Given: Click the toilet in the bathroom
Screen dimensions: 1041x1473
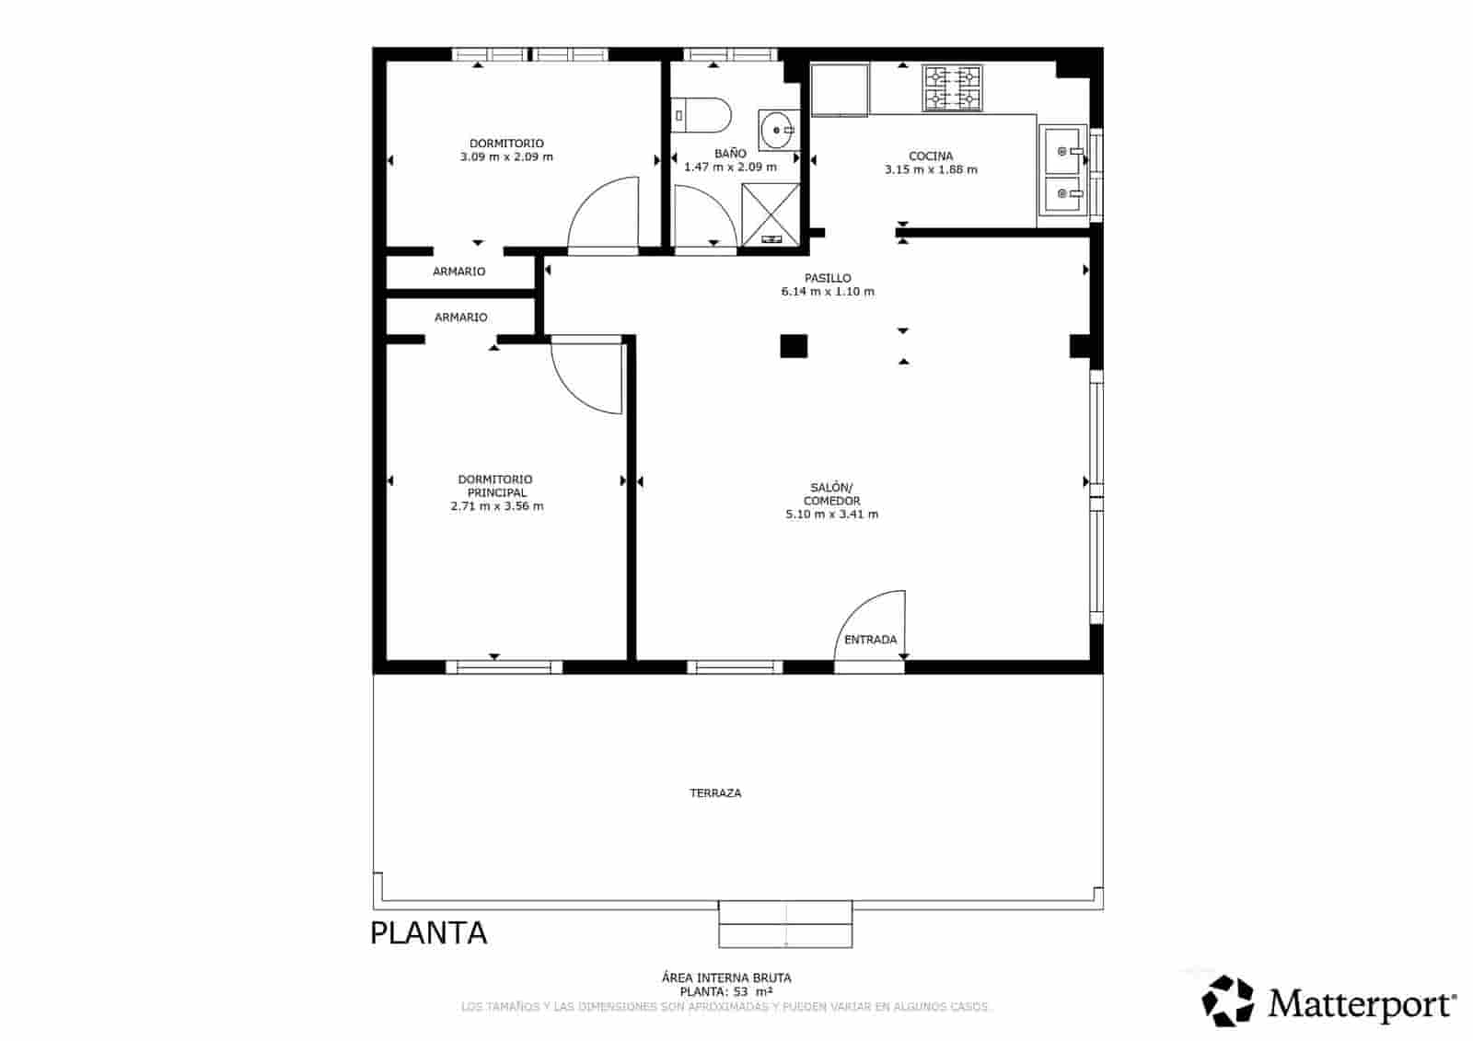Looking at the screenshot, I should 705,116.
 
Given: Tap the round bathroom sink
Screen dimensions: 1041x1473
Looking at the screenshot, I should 780,130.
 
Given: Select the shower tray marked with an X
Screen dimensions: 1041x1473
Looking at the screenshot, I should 771,214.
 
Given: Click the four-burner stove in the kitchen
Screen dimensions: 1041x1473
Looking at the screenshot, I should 953,88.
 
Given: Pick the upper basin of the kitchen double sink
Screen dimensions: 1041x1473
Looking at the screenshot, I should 1063,148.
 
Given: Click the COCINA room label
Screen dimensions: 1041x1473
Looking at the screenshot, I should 931,156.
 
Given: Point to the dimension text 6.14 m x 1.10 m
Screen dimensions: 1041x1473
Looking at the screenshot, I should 828,292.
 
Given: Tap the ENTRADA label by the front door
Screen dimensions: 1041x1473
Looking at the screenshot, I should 870,640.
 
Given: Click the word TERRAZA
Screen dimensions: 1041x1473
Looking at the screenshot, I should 715,792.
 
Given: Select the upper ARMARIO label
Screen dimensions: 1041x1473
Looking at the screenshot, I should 458,272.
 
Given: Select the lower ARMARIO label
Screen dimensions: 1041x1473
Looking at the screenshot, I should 460,318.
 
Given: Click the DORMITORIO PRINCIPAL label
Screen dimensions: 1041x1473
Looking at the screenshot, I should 495,486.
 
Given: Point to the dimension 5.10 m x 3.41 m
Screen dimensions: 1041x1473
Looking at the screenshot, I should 831,515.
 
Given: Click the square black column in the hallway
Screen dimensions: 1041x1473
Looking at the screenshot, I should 794,346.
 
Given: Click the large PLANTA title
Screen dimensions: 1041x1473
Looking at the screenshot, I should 428,933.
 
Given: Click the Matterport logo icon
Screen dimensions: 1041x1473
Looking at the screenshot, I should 1229,1001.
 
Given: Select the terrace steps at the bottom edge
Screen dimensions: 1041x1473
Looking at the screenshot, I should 785,924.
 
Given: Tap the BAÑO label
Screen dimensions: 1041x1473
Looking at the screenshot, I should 730,154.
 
